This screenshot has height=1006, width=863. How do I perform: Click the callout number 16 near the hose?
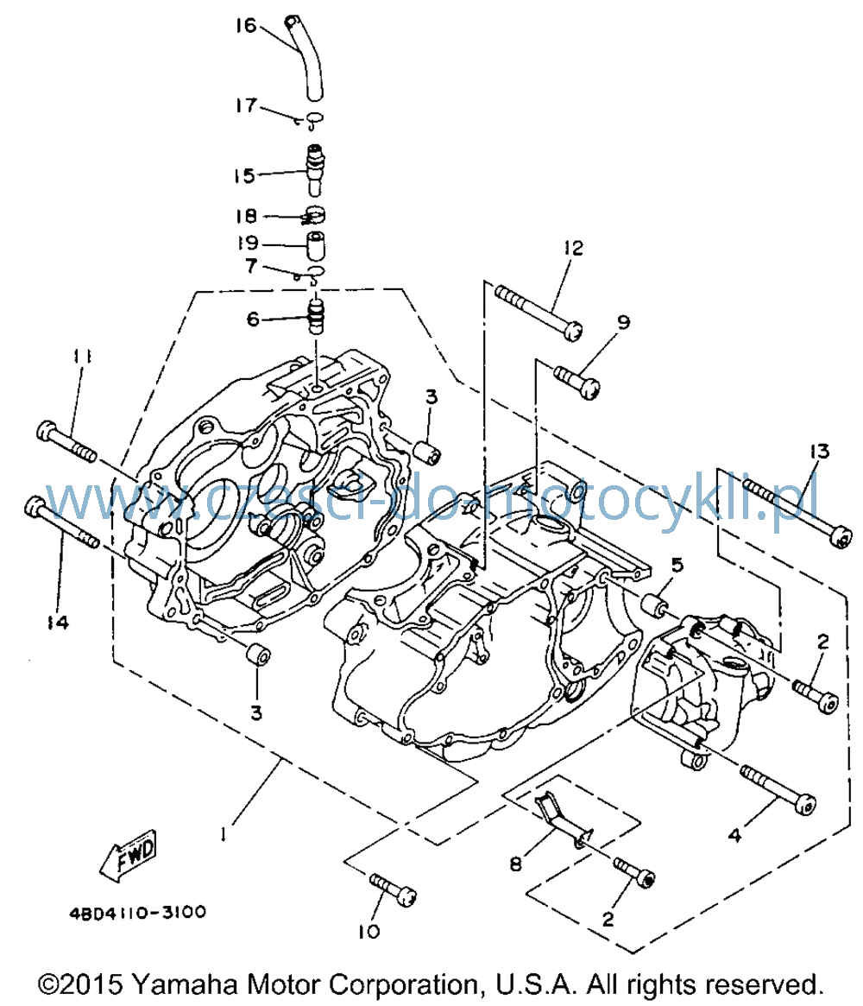tap(246, 26)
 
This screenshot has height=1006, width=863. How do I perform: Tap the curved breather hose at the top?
tap(306, 58)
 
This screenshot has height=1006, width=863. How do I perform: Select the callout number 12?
tap(573, 248)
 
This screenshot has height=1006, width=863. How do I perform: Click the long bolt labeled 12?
tap(539, 313)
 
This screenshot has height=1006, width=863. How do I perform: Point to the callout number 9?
tap(623, 321)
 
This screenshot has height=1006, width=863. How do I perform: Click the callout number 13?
tap(819, 451)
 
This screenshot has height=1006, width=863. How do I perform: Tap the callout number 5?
tap(677, 566)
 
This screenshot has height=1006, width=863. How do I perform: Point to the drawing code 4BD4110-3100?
tap(138, 912)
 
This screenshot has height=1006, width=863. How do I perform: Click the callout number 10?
tap(369, 931)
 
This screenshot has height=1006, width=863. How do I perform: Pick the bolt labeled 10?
tap(393, 890)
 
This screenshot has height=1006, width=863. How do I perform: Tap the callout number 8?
tap(515, 864)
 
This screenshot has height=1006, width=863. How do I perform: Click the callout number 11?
tap(82, 356)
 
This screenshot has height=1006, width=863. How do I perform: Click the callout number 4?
tap(734, 835)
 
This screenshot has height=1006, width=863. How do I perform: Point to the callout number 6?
tap(253, 319)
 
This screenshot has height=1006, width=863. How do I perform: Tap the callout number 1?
tap(223, 834)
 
